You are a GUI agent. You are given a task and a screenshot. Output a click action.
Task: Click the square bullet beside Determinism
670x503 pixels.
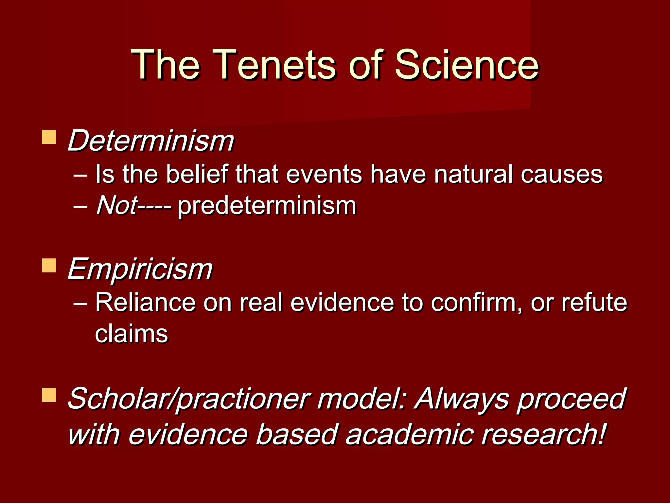[x=49, y=137]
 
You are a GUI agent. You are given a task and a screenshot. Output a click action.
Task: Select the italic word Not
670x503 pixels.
[x=116, y=206]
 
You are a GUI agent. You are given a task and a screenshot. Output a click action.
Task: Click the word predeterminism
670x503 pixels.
[x=267, y=206]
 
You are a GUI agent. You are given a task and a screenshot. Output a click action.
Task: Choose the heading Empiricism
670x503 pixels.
[x=140, y=269]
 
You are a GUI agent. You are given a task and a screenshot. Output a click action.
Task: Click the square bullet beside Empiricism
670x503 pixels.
[x=49, y=266]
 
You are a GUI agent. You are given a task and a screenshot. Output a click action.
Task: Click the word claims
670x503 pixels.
[x=131, y=334]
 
